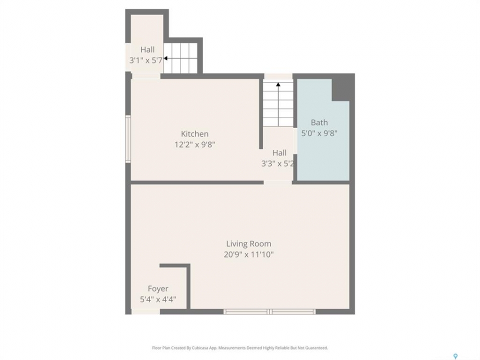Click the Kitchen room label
(x=194, y=134)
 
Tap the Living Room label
(x=248, y=243)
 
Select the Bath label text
(x=319, y=122)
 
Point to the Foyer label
(x=158, y=288)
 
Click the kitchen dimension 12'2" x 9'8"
(x=194, y=144)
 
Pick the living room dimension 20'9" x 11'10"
(x=248, y=254)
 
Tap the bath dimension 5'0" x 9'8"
(x=319, y=133)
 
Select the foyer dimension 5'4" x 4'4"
(x=158, y=299)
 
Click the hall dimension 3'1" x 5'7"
(x=146, y=60)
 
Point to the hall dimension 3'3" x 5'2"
(x=277, y=163)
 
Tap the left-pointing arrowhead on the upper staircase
(x=165, y=58)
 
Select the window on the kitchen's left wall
(x=128, y=139)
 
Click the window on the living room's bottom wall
(x=269, y=311)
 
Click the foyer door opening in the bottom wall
(x=145, y=311)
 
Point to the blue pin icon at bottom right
(x=455, y=356)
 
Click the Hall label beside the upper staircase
(x=147, y=49)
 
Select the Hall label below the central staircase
(x=279, y=153)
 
